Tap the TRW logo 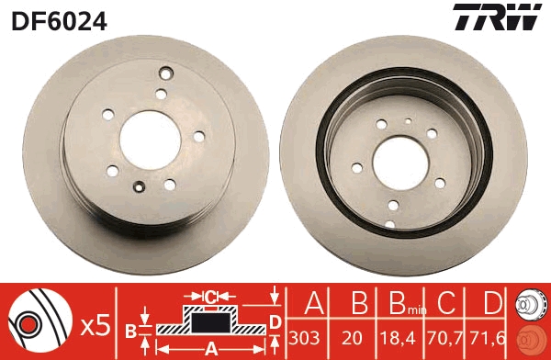pyautogui.click(x=494, y=17)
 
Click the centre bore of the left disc pyautogui.click(x=148, y=146)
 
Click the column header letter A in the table pyautogui.click(x=311, y=305)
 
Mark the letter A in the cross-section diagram pyautogui.click(x=210, y=348)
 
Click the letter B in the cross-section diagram pyautogui.click(x=131, y=331)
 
